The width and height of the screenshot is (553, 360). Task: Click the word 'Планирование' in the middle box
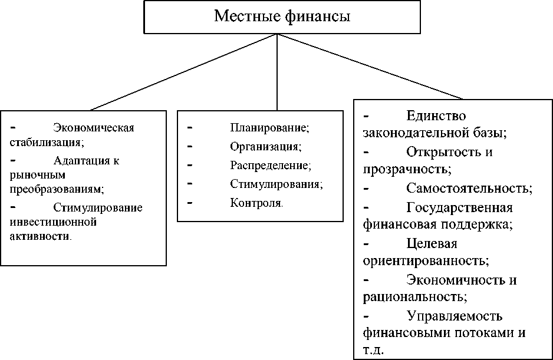(x=269, y=127)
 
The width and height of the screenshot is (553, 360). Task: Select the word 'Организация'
(x=265, y=146)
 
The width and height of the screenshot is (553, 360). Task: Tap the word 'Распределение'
(x=270, y=165)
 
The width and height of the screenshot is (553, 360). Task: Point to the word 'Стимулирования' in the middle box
(x=276, y=184)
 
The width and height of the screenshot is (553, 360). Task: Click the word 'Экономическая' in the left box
(x=94, y=128)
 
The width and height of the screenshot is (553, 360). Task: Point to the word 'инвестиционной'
(x=52, y=222)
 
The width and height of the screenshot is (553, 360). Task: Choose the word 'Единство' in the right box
(x=436, y=115)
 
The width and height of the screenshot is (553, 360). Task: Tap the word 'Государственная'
(x=459, y=207)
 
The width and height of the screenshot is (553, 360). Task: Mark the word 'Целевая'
(x=432, y=243)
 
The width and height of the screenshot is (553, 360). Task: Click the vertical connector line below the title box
(x=277, y=71)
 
